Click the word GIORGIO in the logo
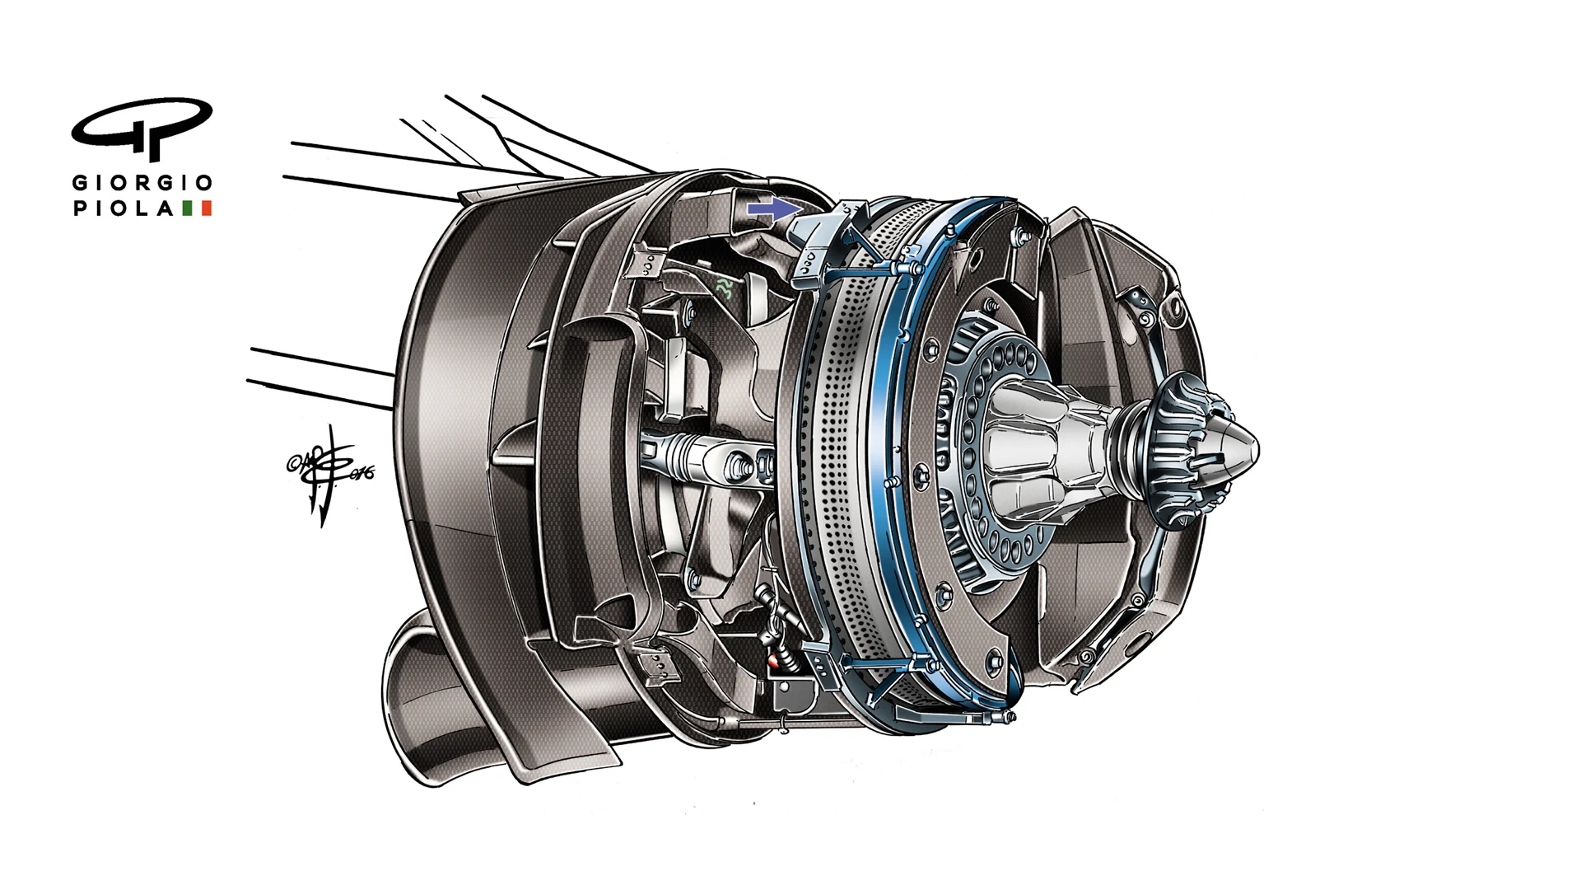(x=142, y=183)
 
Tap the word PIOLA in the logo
(x=124, y=208)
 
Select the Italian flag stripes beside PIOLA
(x=197, y=208)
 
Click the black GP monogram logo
(x=142, y=128)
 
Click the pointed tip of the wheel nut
(x=1248, y=449)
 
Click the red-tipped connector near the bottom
(x=774, y=660)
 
